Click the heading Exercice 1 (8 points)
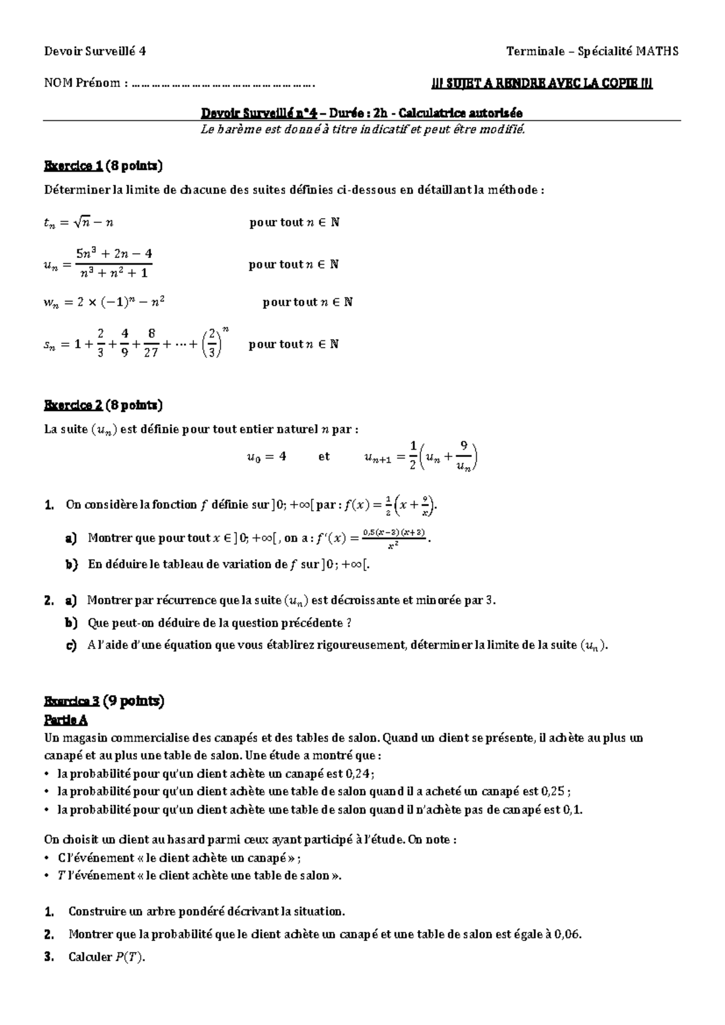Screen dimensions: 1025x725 [x=103, y=166]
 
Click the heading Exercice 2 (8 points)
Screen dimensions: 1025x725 [x=103, y=404]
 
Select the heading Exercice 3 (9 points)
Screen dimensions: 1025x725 [x=105, y=701]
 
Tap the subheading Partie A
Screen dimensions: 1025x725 [x=66, y=720]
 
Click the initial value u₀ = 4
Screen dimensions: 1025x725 [x=266, y=457]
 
